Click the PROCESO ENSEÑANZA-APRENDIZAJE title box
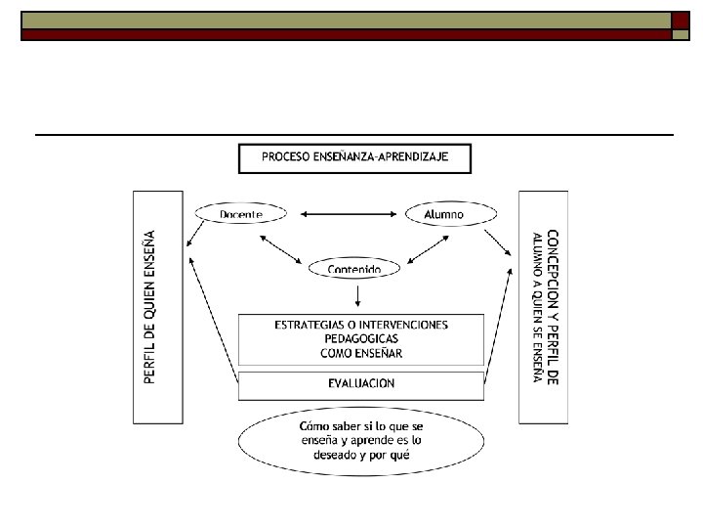click(354, 157)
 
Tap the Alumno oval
click(444, 213)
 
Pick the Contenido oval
click(354, 268)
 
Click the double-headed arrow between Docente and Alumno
click(351, 213)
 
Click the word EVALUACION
click(361, 383)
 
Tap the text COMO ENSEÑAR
click(361, 352)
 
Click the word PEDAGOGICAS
click(361, 338)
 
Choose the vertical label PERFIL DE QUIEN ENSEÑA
click(149, 307)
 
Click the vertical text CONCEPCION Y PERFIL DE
click(553, 307)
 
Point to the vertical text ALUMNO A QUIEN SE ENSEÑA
click(537, 307)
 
